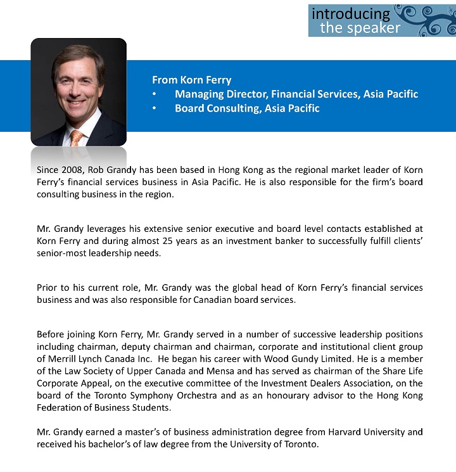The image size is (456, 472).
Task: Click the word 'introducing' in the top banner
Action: tap(351, 13)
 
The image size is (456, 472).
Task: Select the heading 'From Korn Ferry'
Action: tap(191, 80)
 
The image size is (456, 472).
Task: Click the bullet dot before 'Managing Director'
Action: tap(155, 94)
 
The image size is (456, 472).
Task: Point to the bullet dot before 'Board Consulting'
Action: tap(155, 108)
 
